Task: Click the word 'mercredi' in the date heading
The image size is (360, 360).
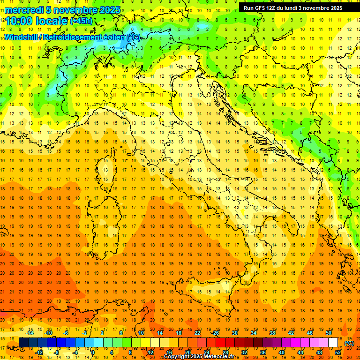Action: (x=23, y=10)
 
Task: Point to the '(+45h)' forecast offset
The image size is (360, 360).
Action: (x=81, y=21)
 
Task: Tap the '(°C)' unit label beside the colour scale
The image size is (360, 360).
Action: (x=349, y=343)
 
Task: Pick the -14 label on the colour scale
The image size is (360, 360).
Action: (x=30, y=333)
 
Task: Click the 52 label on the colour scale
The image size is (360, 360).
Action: (x=338, y=352)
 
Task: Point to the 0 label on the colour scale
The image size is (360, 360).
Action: (x=92, y=352)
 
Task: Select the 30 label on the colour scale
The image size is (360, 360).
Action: (x=234, y=333)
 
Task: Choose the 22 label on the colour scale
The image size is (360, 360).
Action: (x=197, y=333)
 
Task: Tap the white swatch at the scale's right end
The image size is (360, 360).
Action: (x=333, y=343)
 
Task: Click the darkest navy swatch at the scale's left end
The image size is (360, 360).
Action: (x=23, y=343)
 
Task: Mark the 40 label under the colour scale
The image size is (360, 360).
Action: (x=282, y=352)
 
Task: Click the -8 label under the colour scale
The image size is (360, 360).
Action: (x=56, y=352)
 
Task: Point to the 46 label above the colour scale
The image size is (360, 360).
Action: (x=310, y=333)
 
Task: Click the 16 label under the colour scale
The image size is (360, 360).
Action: (x=169, y=352)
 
